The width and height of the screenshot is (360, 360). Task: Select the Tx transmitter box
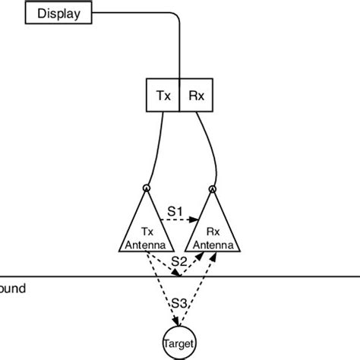point(162,96)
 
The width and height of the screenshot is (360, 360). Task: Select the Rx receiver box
point(196,96)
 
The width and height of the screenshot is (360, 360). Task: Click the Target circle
point(179,343)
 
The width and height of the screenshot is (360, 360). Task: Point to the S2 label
point(178,261)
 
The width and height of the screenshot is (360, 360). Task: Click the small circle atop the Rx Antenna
point(213,188)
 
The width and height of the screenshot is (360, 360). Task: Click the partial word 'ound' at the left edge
point(13,289)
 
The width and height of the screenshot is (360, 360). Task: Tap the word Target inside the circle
point(179,344)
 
